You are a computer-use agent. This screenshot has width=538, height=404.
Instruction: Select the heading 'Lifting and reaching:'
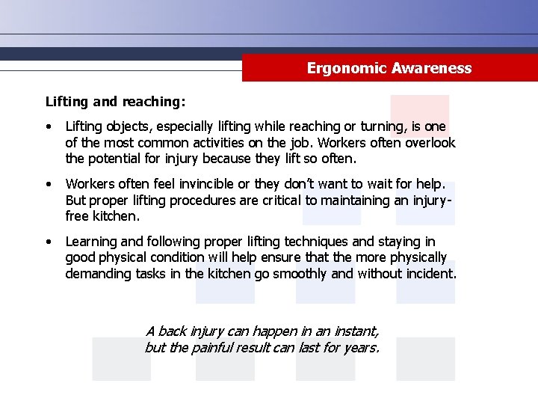point(116,100)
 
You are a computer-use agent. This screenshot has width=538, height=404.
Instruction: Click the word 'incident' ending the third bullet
point(430,274)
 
